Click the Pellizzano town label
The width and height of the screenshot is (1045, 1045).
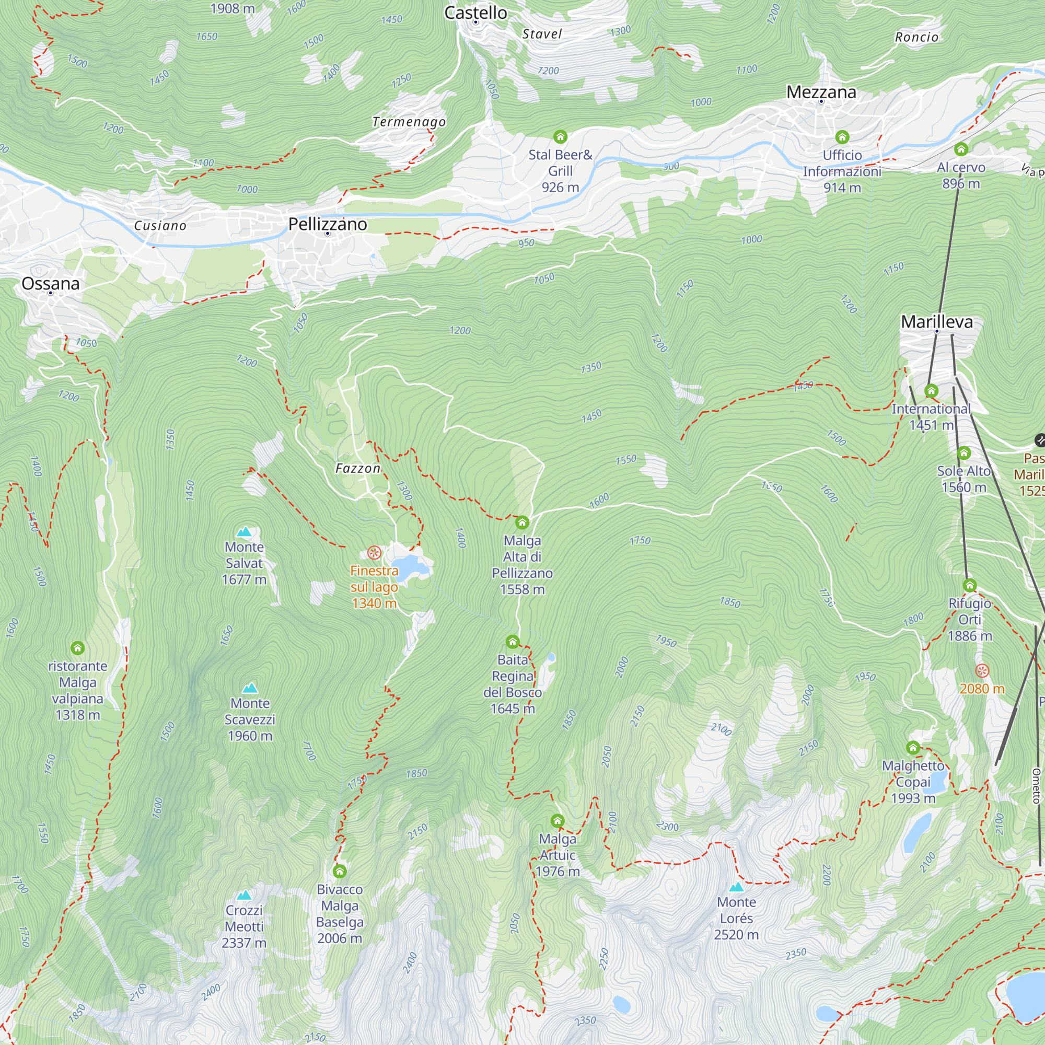[327, 224]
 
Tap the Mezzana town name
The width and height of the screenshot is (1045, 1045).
[821, 92]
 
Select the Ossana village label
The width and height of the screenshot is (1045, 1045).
[50, 283]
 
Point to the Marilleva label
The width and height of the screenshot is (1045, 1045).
[937, 322]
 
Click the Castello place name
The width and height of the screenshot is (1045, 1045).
[475, 13]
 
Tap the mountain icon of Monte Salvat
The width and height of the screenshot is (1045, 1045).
[245, 532]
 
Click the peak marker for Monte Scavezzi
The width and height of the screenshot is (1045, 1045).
[250, 688]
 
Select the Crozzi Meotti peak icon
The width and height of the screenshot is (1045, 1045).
[245, 895]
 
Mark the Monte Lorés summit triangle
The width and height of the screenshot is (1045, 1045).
[736, 887]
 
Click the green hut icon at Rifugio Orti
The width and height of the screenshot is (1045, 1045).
[970, 585]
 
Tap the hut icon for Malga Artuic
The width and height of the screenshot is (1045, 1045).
[558, 821]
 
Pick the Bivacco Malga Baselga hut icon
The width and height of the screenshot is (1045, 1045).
[340, 872]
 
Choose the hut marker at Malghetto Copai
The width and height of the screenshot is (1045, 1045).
[913, 748]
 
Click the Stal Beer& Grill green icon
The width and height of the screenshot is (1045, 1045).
[560, 136]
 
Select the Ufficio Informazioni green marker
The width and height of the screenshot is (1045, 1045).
[842, 137]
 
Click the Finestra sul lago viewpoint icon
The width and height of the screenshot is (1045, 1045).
[374, 553]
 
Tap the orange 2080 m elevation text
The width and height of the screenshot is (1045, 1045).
[982, 689]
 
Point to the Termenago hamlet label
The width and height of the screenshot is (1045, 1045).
[409, 122]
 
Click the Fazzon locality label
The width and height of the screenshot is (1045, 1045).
[357, 468]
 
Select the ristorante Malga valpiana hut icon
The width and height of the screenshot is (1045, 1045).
[78, 648]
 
